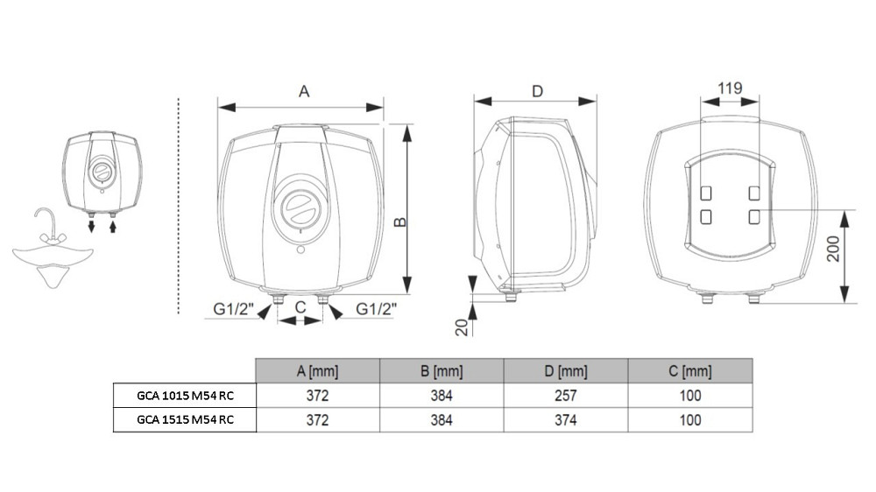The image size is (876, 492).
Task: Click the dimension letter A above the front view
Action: (x=304, y=91)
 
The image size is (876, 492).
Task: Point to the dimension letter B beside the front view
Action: (x=400, y=221)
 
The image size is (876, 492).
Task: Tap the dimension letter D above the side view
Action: (x=538, y=91)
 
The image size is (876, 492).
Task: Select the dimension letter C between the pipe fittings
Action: (x=300, y=307)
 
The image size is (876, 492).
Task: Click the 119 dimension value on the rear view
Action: (x=730, y=88)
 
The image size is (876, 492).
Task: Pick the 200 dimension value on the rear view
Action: (x=833, y=250)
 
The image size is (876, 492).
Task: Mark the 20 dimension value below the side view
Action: (x=462, y=327)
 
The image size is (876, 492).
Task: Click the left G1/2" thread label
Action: (x=234, y=308)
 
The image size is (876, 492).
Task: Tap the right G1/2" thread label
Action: (x=376, y=308)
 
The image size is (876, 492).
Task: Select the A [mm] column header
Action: (x=317, y=371)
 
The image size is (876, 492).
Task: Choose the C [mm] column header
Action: (x=690, y=371)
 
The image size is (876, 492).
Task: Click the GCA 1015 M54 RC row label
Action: (x=186, y=396)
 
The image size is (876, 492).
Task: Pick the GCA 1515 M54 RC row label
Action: (x=186, y=420)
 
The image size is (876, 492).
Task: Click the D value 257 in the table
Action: (x=565, y=396)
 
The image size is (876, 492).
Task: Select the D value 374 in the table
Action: (x=565, y=420)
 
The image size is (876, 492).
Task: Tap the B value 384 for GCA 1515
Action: (x=442, y=420)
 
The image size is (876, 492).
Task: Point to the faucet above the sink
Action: (x=47, y=226)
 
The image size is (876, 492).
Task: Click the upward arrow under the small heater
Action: (x=112, y=226)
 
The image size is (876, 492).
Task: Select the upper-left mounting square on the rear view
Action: (x=706, y=193)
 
